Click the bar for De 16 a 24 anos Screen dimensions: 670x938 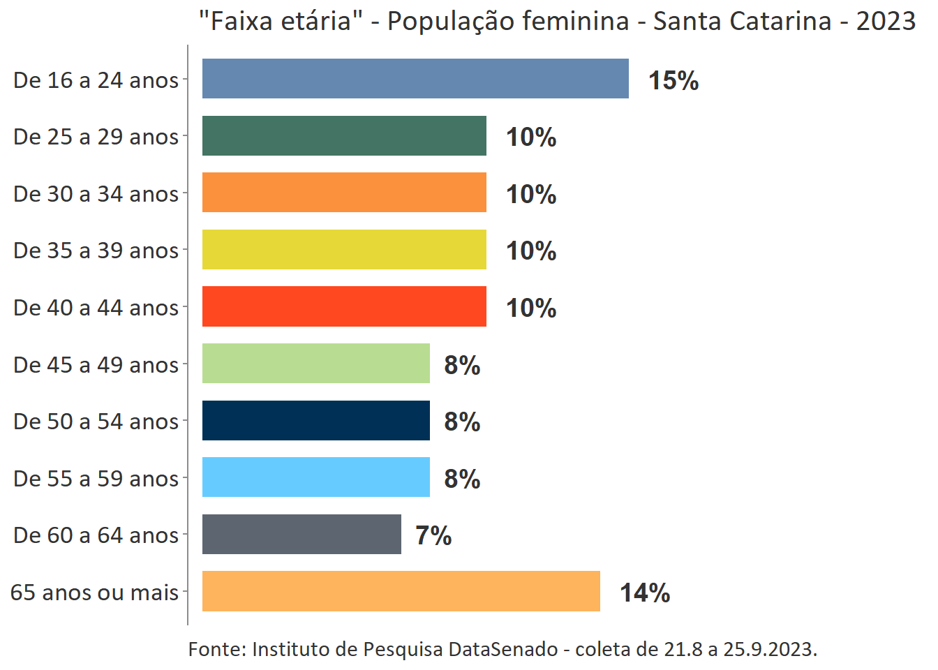point(415,79)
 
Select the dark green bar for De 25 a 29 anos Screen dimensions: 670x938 point(344,136)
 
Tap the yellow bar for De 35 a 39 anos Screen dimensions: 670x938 point(344,250)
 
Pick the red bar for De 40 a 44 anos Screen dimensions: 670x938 point(344,306)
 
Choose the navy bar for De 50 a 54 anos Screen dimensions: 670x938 point(315,421)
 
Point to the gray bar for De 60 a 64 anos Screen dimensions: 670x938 point(301,535)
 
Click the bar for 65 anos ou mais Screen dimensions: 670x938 point(401,591)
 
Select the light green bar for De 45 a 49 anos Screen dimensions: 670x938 point(315,364)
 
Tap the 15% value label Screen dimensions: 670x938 point(673,80)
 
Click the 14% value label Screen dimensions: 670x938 point(645,593)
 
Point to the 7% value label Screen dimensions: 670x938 point(433,535)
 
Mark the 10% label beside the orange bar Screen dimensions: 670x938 point(531,194)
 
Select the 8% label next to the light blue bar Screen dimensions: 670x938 point(462,479)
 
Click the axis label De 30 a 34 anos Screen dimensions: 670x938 point(96,193)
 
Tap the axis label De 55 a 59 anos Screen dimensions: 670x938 point(96,478)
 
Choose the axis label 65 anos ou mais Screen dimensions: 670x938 point(95,592)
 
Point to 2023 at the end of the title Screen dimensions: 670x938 point(886,21)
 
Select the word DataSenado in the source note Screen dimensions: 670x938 point(503,649)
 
